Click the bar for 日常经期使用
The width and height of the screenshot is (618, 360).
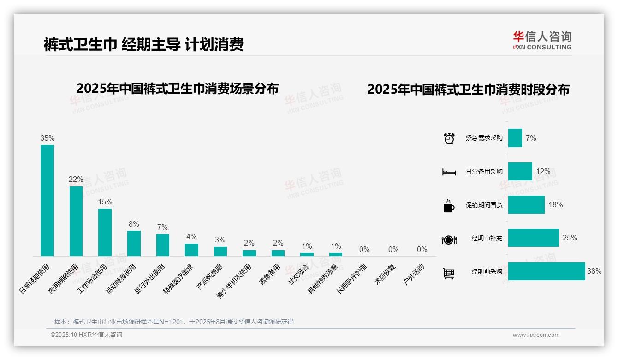[x=47, y=200]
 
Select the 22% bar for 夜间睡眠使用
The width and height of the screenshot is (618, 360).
[x=76, y=221]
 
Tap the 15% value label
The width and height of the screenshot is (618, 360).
[x=105, y=202]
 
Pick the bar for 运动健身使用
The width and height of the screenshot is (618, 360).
[x=134, y=243]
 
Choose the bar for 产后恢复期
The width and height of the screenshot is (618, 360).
[x=220, y=251]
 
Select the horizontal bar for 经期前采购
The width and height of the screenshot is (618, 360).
[x=547, y=271]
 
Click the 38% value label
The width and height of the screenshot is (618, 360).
[x=594, y=271]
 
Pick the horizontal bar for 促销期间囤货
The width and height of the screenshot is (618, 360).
[x=526, y=205]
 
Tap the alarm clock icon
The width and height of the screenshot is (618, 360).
[x=449, y=138]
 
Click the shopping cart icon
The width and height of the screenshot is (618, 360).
[x=449, y=273]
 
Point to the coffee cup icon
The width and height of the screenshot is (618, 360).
[x=448, y=206]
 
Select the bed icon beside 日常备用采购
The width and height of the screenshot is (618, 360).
[x=449, y=172]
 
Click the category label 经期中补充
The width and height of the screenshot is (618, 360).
[x=487, y=239]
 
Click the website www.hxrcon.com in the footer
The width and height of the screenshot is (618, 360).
[x=536, y=335]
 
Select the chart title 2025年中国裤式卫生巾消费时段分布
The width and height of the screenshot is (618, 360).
[x=468, y=90]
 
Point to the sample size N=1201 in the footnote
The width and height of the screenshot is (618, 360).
[x=171, y=322]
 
